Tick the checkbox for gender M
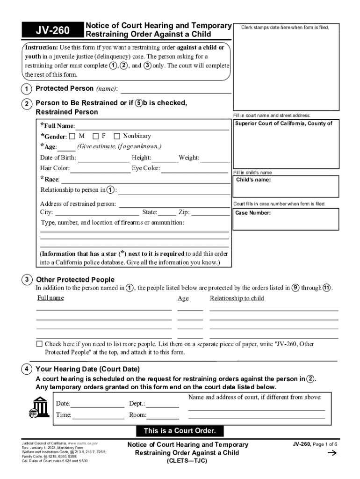(72, 136)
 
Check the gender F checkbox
(95, 136)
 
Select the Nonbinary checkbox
(117, 136)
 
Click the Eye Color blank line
(195, 169)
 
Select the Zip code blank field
(210, 213)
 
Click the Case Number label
(252, 213)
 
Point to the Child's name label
(253, 180)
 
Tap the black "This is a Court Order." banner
(180, 431)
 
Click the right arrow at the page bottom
(333, 453)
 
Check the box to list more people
(40, 344)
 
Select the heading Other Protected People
(75, 280)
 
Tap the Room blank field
(163, 416)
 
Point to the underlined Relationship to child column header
(237, 298)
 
